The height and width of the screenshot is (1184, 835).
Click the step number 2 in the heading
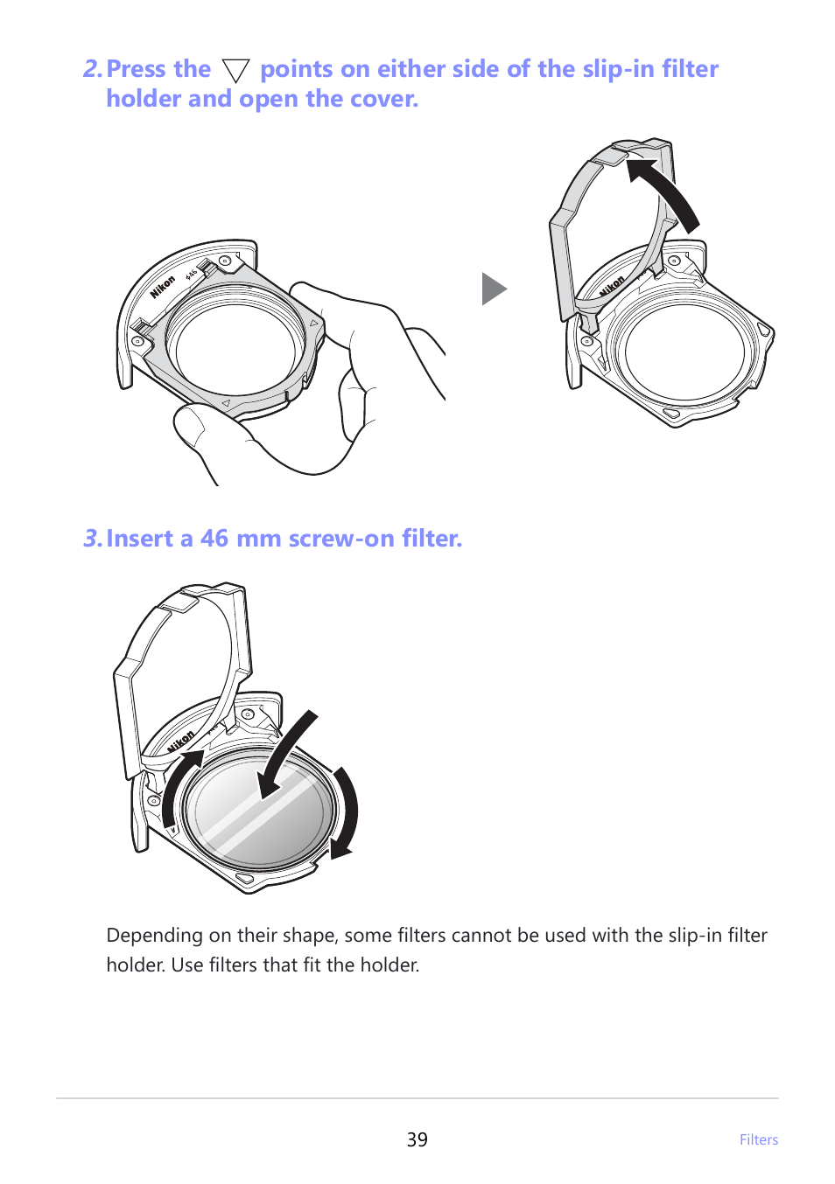tap(91, 69)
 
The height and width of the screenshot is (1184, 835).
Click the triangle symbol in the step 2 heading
tap(235, 71)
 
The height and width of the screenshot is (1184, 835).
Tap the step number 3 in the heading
tap(91, 539)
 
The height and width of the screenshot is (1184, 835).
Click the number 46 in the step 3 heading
tap(214, 539)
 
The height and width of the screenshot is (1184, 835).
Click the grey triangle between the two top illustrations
tap(494, 289)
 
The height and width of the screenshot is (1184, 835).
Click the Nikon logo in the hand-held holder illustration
tap(163, 287)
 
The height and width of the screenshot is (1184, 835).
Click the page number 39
tap(417, 1139)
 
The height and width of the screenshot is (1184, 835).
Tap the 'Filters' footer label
tap(758, 1139)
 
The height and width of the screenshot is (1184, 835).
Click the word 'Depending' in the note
tap(154, 936)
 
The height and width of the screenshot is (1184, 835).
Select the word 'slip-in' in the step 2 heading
tap(618, 69)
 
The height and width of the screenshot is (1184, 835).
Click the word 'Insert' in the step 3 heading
tap(139, 539)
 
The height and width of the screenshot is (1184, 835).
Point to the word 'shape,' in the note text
tap(311, 936)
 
